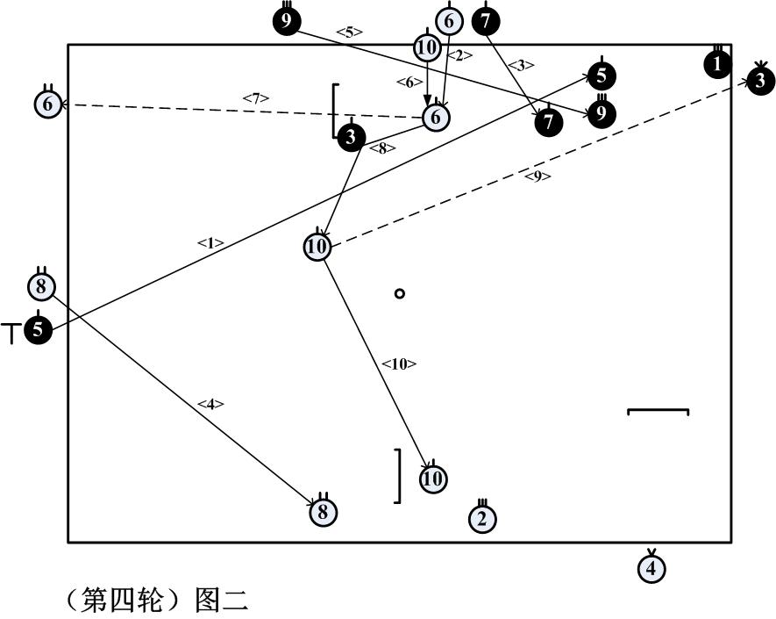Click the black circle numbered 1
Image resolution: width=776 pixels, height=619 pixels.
(x=718, y=64)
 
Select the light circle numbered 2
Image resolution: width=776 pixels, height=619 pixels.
(x=481, y=519)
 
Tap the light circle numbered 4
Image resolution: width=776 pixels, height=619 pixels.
(x=651, y=568)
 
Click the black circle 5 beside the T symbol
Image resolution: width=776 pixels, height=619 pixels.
(x=38, y=330)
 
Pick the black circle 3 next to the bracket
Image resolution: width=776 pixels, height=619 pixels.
(x=351, y=137)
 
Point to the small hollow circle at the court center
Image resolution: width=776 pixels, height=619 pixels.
(x=400, y=293)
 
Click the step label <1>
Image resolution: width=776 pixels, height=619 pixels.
(x=211, y=243)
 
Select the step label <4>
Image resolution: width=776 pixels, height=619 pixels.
(x=210, y=404)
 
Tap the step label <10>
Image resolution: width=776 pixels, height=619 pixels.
(x=399, y=363)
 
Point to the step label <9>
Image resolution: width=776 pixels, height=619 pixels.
(x=538, y=176)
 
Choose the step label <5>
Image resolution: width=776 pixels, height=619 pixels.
(x=349, y=32)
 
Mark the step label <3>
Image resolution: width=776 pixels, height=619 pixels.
(x=520, y=65)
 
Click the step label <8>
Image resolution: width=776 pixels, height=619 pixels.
(x=382, y=148)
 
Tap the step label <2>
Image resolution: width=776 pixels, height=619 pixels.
(x=459, y=55)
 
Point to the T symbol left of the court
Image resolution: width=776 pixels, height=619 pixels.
(x=11, y=334)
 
